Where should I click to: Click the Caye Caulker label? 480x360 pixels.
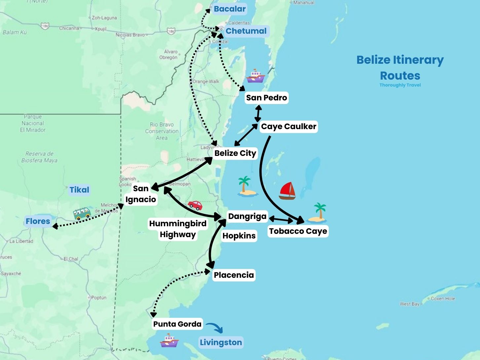click(289, 126)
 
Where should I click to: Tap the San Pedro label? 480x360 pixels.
click(266, 98)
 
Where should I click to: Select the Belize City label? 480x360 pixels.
click(235, 153)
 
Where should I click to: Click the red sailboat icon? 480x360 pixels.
click(287, 191)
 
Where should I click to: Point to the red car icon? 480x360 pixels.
click(195, 205)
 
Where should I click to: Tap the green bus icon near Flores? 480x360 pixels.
click(82, 213)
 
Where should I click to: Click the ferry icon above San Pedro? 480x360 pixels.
click(255, 76)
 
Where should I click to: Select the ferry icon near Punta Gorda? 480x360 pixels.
click(169, 341)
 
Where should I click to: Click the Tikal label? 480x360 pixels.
click(79, 190)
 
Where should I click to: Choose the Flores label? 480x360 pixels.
click(38, 221)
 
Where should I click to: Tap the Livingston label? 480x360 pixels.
click(221, 342)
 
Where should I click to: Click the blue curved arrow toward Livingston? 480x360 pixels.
click(214, 328)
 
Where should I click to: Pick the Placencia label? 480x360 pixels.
click(234, 275)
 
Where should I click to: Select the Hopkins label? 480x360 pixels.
click(239, 236)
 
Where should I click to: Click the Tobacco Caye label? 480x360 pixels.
click(298, 231)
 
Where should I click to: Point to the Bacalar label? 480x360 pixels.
click(230, 9)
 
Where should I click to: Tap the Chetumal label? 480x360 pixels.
click(246, 31)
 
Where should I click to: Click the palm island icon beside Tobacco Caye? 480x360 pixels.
click(318, 213)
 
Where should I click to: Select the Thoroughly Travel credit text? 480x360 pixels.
click(400, 85)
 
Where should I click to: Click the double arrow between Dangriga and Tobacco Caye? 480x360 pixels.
click(281, 219)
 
